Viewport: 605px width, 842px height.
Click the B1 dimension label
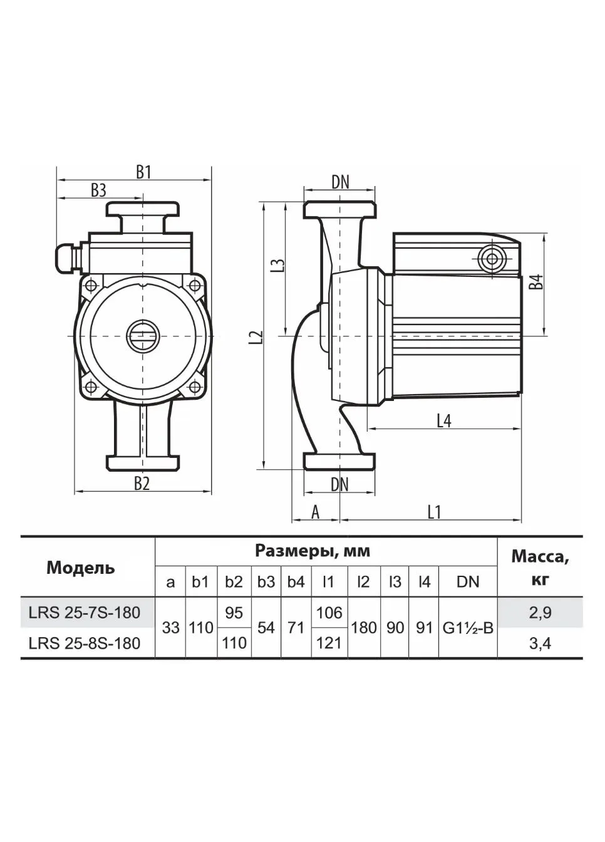click(x=143, y=173)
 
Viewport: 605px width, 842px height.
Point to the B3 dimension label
click(x=98, y=191)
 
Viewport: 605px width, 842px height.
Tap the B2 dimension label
click(x=142, y=484)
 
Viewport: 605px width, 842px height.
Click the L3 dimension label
click(x=277, y=266)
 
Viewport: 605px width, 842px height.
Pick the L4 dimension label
click(x=444, y=422)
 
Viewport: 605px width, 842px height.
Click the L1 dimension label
click(x=434, y=512)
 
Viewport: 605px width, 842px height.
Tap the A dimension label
click(x=316, y=512)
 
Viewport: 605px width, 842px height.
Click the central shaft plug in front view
click(x=143, y=335)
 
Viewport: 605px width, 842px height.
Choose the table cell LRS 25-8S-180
click(x=84, y=643)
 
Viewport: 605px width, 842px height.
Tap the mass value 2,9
click(x=540, y=613)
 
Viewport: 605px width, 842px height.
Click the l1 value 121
click(x=329, y=643)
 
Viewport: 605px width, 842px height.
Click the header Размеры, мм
click(x=313, y=551)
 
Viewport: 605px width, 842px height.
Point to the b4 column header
click(x=296, y=582)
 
